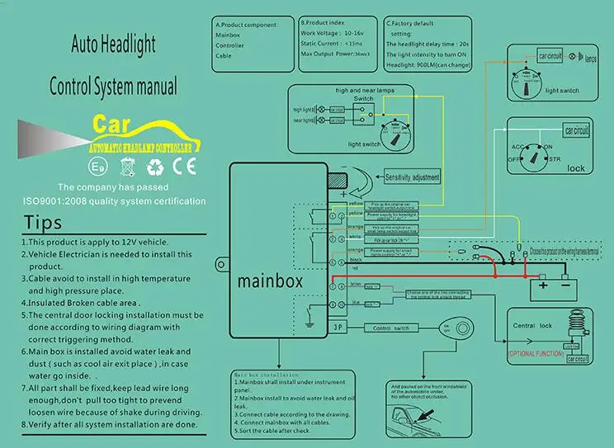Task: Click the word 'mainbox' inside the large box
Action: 270,281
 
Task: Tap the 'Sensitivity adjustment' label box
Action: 412,177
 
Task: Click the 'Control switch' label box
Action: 391,328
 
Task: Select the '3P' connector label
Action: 338,328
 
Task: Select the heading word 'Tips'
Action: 42,223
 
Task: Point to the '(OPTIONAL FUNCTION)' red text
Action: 535,353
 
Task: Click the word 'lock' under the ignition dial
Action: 576,167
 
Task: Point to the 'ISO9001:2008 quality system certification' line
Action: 115,200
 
